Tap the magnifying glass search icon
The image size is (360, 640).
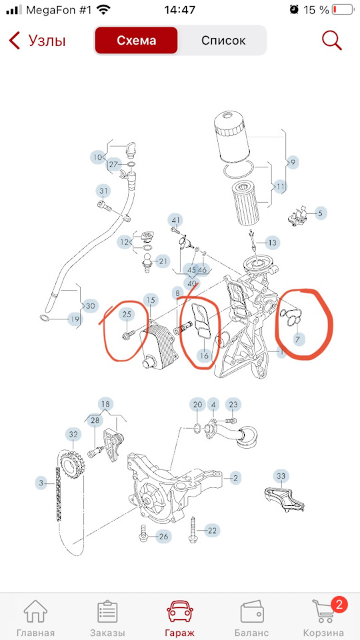331,40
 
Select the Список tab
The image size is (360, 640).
223,41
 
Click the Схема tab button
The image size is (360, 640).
136,41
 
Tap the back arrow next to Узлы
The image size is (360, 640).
14,41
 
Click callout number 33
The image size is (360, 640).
281,476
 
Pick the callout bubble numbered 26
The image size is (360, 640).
164,536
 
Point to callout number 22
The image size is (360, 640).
212,531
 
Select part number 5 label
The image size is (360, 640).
321,213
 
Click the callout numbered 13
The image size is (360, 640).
272,243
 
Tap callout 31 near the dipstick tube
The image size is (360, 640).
104,191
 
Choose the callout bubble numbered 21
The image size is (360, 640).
163,261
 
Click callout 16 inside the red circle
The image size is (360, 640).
204,355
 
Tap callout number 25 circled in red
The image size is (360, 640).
127,314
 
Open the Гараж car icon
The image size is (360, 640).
180,612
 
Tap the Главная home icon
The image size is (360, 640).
35,612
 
